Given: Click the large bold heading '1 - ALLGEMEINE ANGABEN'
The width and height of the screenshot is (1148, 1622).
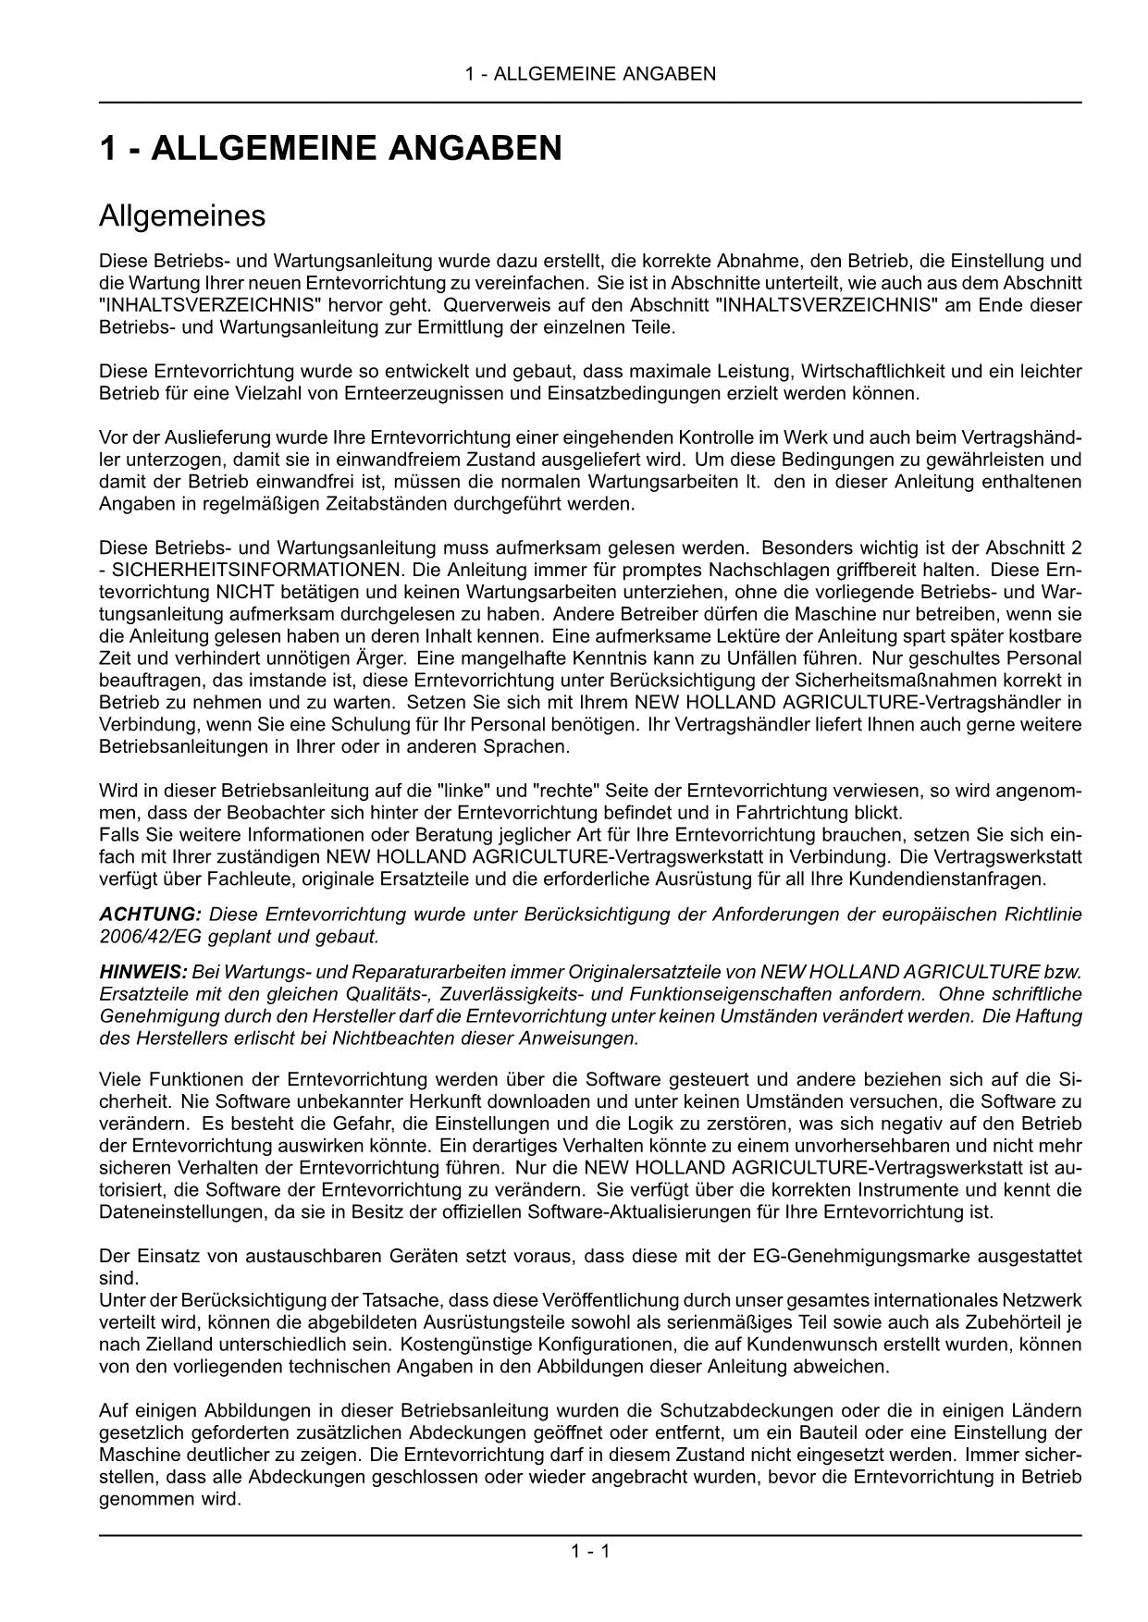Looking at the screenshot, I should pyautogui.click(x=330, y=148).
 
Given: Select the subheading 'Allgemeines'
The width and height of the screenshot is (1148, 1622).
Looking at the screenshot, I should pyautogui.click(x=182, y=216).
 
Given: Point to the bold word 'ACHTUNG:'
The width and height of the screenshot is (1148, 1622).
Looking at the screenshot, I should pyautogui.click(x=150, y=915).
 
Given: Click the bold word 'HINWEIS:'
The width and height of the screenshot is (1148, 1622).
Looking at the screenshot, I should pyautogui.click(x=143, y=972).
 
